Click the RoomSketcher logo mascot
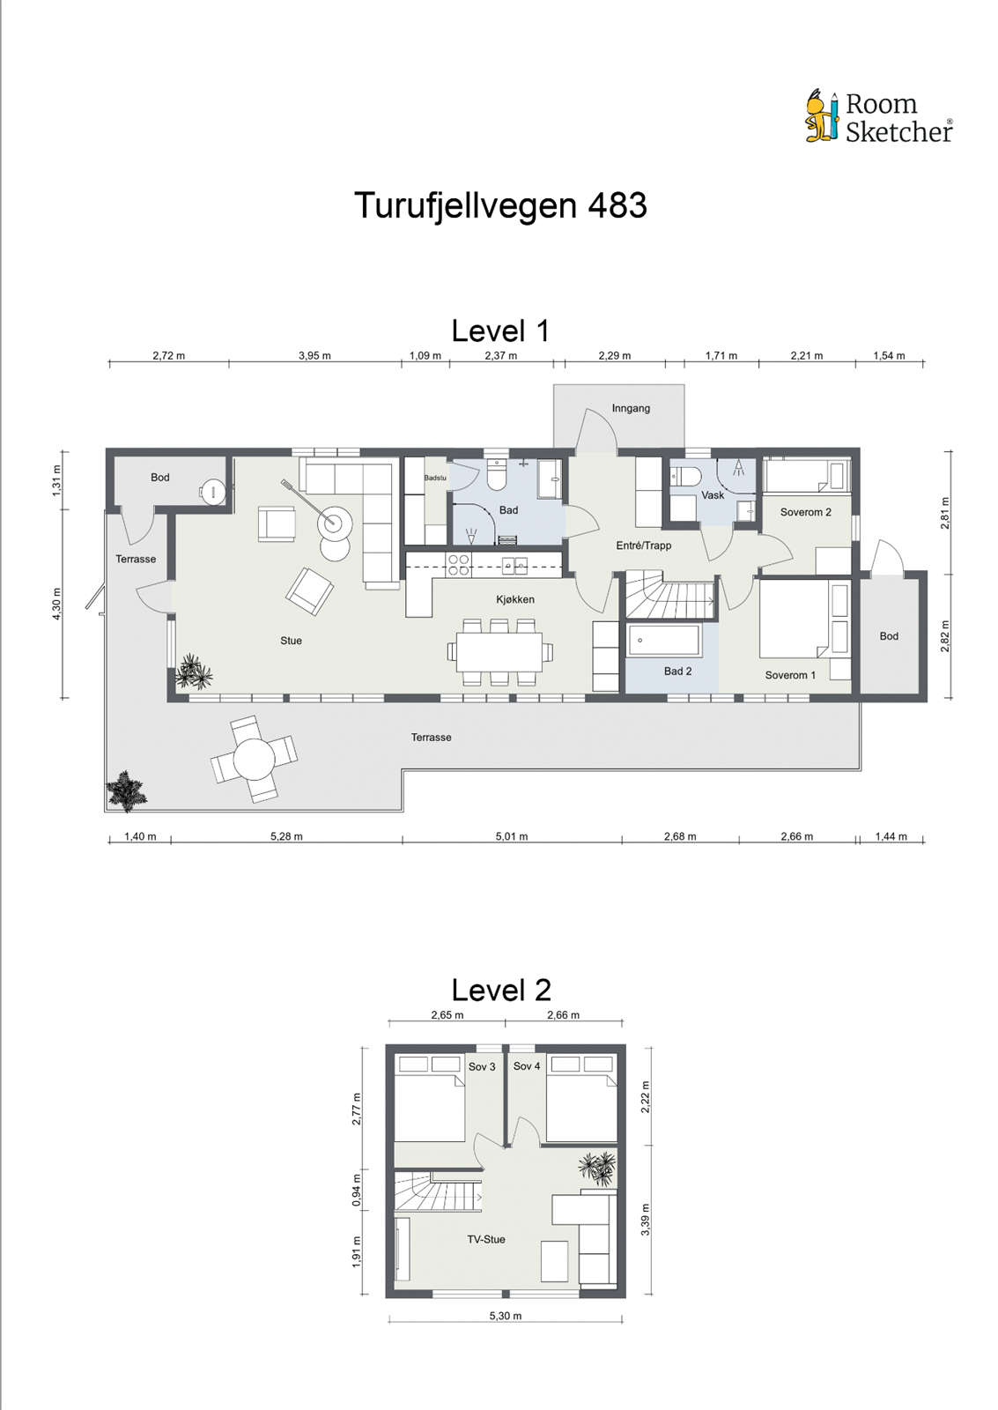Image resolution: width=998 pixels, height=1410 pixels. [822, 116]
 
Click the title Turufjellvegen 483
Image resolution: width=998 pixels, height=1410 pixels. [500, 205]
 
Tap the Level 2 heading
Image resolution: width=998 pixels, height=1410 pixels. [500, 990]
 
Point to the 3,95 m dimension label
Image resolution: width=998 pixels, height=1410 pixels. [314, 356]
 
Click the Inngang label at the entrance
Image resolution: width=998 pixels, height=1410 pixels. [631, 408]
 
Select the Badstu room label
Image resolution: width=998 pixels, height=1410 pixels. [435, 478]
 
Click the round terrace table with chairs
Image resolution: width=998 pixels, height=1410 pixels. [255, 759]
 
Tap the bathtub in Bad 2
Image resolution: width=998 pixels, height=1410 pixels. [665, 641]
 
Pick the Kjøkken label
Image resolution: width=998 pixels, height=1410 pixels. [515, 599]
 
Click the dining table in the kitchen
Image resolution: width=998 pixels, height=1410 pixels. [499, 653]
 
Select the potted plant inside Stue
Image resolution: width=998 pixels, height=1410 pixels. [193, 672]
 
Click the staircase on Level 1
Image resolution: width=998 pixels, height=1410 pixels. [669, 597]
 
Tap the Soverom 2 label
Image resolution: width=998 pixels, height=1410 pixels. [805, 512]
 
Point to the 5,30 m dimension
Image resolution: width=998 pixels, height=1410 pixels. [506, 1316]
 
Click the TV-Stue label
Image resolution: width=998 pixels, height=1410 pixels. [486, 1239]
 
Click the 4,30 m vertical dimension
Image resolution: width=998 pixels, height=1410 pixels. [57, 604]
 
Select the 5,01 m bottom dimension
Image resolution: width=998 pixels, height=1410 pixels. [511, 836]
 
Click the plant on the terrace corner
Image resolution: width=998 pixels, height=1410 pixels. [126, 790]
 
